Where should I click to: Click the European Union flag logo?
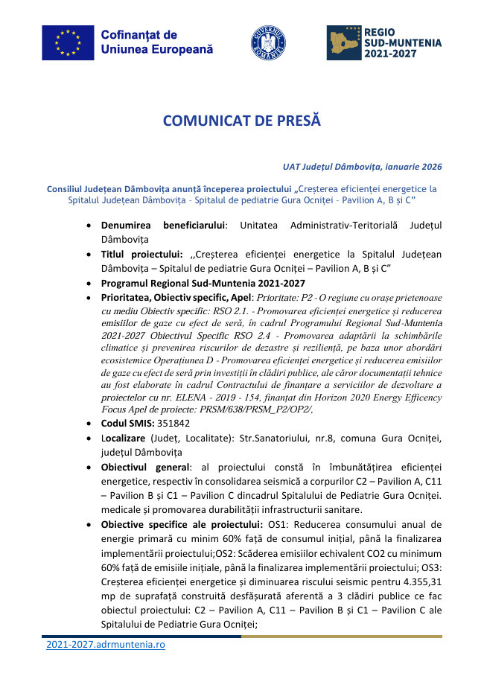click(x=68, y=42)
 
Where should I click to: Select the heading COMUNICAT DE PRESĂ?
click(x=241, y=120)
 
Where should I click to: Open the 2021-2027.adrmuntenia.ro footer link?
click(x=105, y=644)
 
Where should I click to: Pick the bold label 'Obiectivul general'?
click(x=144, y=467)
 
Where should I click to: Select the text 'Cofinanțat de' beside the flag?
click(x=138, y=35)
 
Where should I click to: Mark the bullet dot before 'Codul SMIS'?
click(x=90, y=423)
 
